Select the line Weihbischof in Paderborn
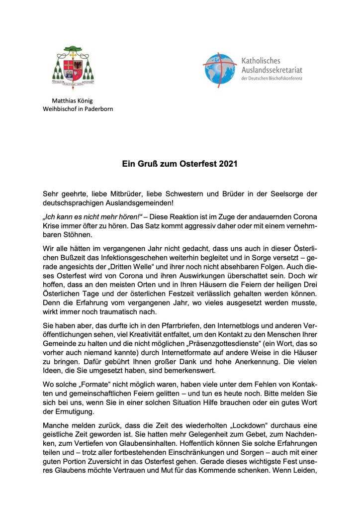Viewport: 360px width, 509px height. [78, 109]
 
